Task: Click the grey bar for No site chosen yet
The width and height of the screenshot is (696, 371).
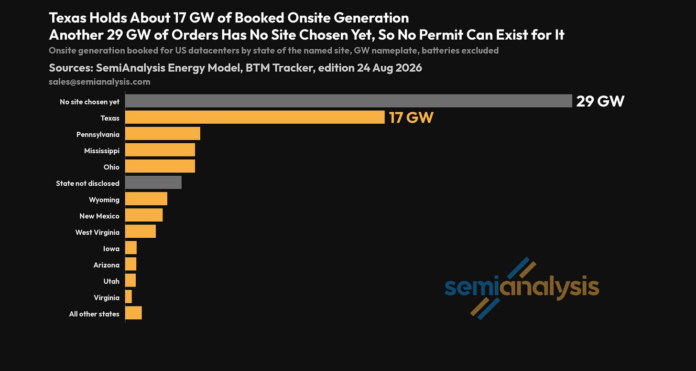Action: click(348, 101)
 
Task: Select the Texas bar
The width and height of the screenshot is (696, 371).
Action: click(255, 117)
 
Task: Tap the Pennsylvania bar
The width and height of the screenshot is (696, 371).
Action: click(163, 134)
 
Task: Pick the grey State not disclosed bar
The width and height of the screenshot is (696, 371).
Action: click(153, 182)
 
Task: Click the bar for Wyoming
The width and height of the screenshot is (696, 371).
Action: click(146, 199)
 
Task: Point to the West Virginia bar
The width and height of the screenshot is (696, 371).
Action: click(141, 231)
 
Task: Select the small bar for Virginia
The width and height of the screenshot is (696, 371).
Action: click(128, 297)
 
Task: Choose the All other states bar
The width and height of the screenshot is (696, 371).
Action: click(133, 313)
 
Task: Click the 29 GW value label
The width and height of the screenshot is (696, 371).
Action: click(600, 101)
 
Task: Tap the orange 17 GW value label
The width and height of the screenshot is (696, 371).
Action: click(411, 117)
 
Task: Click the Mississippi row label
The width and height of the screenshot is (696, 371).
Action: click(102, 151)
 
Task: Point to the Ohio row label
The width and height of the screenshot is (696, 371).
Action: click(111, 167)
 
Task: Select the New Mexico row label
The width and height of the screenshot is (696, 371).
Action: click(99, 216)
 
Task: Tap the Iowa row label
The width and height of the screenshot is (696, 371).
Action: click(111, 249)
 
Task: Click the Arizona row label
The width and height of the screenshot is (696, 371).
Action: click(106, 265)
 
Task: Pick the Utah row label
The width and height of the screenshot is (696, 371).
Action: click(111, 281)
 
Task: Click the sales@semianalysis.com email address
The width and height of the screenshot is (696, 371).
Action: click(99, 82)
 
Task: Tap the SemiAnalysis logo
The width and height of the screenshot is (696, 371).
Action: click(522, 288)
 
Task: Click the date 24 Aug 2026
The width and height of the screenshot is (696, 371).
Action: click(389, 68)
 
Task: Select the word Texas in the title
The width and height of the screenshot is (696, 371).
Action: click(67, 18)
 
